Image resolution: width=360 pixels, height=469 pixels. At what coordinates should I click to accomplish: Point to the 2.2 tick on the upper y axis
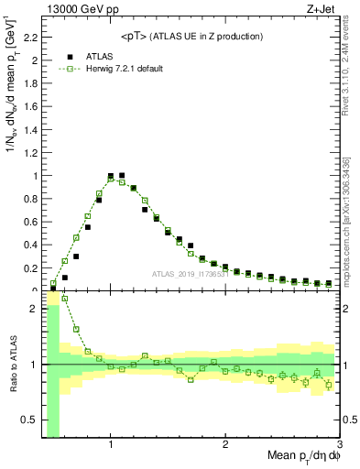(x=28, y=38)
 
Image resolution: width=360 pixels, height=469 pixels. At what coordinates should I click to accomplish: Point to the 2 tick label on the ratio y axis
(x=34, y=309)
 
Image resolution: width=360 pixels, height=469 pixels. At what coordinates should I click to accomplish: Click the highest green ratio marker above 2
(x=64, y=299)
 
